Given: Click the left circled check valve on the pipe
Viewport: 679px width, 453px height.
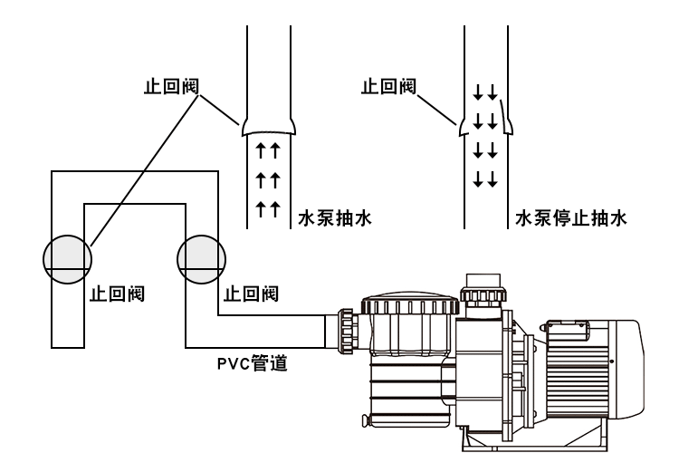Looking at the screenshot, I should (x=67, y=259).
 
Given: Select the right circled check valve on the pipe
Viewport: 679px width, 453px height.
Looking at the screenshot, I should (x=199, y=259).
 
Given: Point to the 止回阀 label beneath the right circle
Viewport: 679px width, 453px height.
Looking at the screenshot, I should (x=251, y=294).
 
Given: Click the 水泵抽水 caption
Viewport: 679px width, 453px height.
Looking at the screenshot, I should (x=335, y=218).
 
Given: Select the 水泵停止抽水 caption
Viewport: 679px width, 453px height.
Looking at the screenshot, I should (x=570, y=218).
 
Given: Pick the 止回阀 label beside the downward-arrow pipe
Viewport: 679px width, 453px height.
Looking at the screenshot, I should (x=388, y=87).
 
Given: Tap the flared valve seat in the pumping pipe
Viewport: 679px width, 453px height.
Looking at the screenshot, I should (x=269, y=125).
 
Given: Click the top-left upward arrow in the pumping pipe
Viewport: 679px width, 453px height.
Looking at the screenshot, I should (x=259, y=148).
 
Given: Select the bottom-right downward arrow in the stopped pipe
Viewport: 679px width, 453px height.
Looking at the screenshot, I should (x=493, y=177).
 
